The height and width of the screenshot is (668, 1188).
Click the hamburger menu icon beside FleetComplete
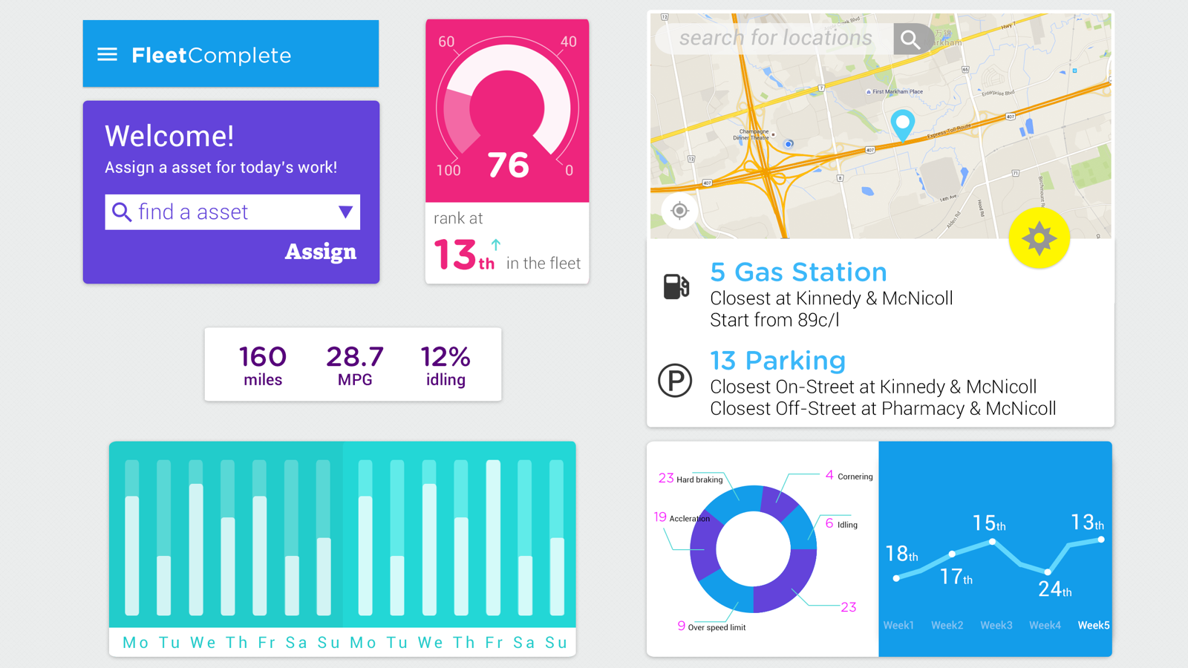[x=107, y=54]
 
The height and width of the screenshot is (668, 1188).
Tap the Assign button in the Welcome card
[x=320, y=252]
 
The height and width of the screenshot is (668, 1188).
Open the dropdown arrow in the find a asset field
[x=345, y=212]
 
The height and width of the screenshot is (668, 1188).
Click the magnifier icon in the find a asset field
[x=121, y=212]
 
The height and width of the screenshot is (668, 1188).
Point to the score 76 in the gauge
[x=508, y=165]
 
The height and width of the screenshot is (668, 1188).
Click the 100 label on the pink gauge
[x=448, y=171]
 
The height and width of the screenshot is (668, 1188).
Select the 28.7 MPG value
[x=355, y=364]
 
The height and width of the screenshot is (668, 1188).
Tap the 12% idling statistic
[x=446, y=364]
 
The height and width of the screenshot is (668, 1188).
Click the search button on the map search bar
[x=911, y=39]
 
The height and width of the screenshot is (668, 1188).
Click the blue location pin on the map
[x=902, y=123]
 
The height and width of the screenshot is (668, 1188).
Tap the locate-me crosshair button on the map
[x=679, y=211]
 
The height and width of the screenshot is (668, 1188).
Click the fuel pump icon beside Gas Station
[x=676, y=286]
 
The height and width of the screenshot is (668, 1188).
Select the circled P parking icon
[x=675, y=381]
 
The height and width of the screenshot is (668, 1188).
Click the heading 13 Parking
[x=777, y=361]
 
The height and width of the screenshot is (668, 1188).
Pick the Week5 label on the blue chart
[x=1094, y=625]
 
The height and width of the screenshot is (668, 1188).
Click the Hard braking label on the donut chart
[x=699, y=479]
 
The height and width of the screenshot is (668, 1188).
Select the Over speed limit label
[x=716, y=627]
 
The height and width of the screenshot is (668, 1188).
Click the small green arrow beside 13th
[x=496, y=243]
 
